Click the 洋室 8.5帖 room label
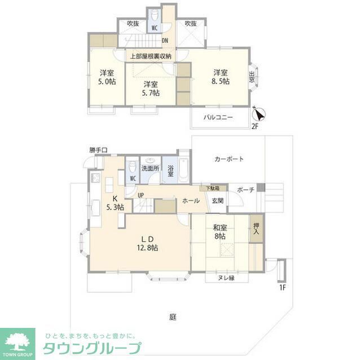point(221,77)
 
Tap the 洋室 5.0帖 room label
point(108,77)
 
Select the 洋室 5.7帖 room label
point(150,88)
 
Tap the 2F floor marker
point(255,127)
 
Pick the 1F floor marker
point(283,288)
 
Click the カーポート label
point(229,159)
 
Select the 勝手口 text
point(102,150)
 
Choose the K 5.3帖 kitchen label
point(115,203)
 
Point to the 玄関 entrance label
point(218,200)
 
